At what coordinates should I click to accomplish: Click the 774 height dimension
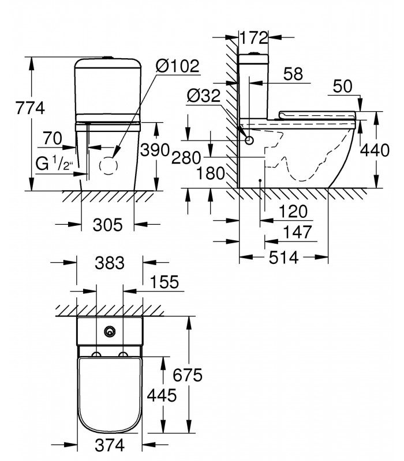point(30,108)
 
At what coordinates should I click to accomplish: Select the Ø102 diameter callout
point(178,66)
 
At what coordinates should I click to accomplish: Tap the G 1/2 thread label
point(54,164)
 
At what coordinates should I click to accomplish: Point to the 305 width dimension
point(107,225)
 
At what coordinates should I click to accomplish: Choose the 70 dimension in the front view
point(53,138)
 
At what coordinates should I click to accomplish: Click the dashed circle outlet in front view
point(109,165)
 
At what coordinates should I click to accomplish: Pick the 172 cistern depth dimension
point(254,37)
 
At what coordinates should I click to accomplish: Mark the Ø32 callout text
point(204,96)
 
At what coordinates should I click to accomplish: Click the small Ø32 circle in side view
point(249,141)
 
